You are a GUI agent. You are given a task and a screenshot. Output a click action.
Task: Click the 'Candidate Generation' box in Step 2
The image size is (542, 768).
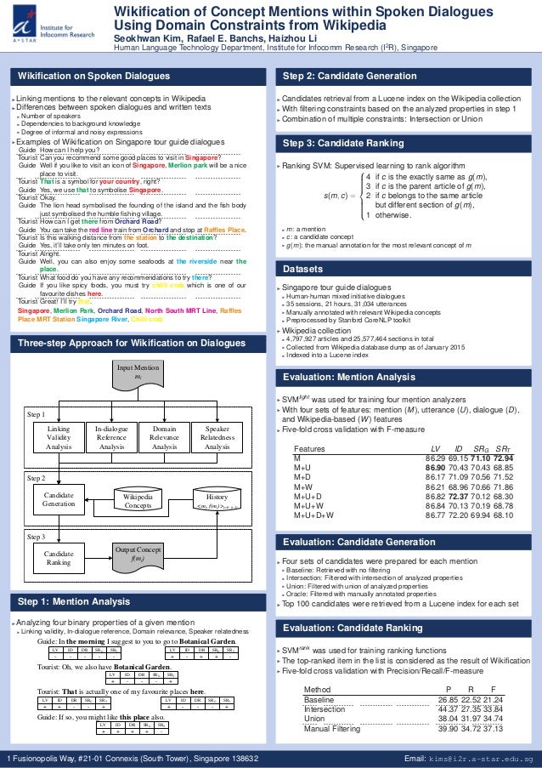[x=58, y=498]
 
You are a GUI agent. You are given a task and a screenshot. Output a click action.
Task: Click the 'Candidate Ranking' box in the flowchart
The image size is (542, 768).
[x=58, y=557]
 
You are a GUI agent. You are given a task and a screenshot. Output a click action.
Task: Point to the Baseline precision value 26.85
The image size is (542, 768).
[x=449, y=699]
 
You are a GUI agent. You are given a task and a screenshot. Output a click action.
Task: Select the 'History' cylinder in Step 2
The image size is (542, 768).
[x=217, y=500]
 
